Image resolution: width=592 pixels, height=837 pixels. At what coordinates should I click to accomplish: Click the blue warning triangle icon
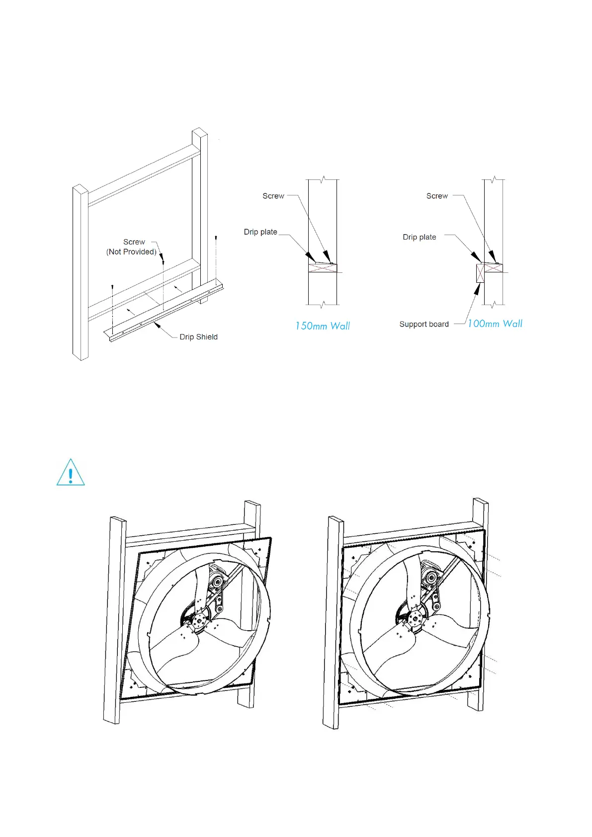point(71,473)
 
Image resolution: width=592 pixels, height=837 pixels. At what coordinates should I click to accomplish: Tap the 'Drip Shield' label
point(198,337)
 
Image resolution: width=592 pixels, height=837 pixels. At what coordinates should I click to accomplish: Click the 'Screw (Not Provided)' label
point(132,247)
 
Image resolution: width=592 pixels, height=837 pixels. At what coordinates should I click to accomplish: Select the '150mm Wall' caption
point(323,326)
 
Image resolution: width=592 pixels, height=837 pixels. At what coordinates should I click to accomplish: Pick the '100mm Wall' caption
point(495,324)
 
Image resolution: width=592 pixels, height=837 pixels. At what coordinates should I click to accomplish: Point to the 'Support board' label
point(424,325)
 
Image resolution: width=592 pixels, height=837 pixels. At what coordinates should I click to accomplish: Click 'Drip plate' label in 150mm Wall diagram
point(260,232)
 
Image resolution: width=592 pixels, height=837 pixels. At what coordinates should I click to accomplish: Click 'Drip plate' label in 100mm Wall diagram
point(420,237)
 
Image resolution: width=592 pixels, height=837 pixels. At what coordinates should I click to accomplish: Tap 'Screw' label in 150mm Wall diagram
point(273,196)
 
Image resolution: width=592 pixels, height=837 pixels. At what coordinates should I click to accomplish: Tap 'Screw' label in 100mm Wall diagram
point(437,196)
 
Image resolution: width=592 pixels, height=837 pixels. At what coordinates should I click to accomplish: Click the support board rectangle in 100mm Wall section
point(480,273)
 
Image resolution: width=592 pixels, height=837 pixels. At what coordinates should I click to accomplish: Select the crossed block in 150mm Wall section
point(323,268)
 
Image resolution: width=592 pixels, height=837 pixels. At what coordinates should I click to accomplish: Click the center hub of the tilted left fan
point(200,620)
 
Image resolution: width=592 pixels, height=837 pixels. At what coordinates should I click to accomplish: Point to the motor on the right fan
point(430,577)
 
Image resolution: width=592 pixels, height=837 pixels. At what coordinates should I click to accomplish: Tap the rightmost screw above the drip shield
point(216,238)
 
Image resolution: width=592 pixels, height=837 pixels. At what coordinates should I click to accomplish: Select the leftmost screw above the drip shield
point(113,287)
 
